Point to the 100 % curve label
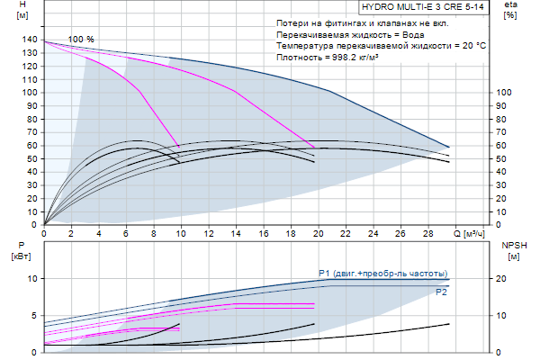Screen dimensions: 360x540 click(x=81, y=40)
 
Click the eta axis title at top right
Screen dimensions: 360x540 click(x=510, y=12)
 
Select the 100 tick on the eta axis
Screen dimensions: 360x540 click(x=505, y=93)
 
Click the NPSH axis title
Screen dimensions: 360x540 click(x=512, y=250)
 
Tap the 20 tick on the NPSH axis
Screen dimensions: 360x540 click(x=506, y=279)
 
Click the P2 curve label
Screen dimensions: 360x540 click(x=441, y=292)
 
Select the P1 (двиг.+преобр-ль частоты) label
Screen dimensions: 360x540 click(x=382, y=272)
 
